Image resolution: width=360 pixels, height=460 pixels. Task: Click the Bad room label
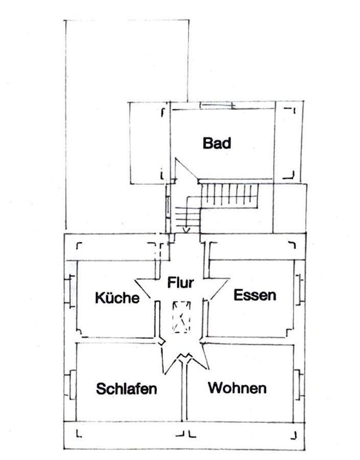217,143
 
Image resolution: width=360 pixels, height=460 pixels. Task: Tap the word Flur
181,283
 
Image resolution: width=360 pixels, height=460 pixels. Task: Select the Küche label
117,298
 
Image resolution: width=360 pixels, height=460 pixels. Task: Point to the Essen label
254,295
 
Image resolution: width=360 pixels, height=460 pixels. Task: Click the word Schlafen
126,389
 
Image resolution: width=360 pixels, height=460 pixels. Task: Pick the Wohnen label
237,388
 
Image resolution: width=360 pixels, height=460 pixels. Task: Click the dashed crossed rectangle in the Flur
181,316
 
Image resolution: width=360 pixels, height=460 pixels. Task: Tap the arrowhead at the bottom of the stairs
186,230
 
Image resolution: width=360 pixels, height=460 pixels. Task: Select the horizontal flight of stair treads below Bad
229,194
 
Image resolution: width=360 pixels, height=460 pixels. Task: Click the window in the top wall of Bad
216,106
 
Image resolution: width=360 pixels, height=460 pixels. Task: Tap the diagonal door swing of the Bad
186,169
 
